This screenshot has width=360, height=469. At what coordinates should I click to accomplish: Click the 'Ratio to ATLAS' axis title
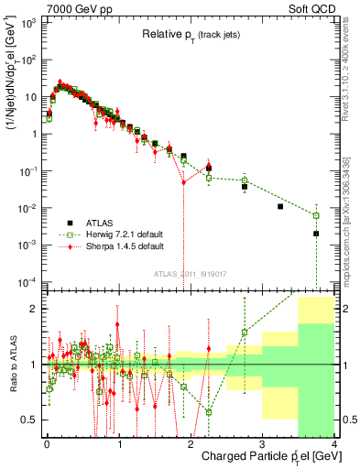click(x=15, y=364)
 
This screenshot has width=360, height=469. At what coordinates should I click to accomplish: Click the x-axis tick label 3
click(x=262, y=443)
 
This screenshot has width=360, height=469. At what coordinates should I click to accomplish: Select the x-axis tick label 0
click(x=47, y=443)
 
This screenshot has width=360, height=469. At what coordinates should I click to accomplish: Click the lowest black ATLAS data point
click(x=316, y=234)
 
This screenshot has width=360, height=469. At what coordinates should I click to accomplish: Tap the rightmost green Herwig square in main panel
click(x=316, y=216)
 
